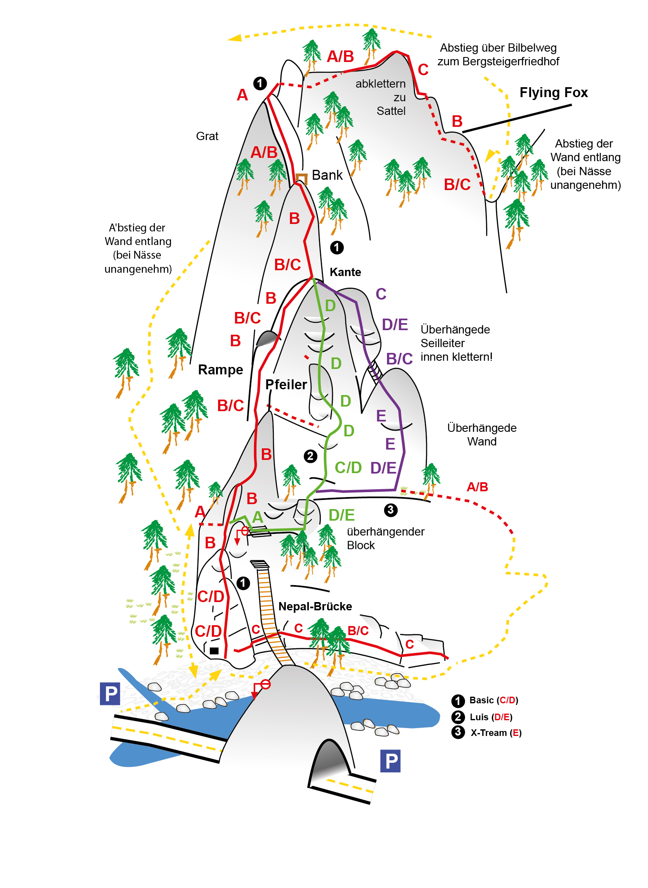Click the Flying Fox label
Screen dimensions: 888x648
pyautogui.click(x=553, y=93)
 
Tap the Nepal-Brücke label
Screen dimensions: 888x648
pyautogui.click(x=315, y=606)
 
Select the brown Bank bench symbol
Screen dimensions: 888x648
pyautogui.click(x=302, y=178)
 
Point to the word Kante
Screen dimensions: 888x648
pyautogui.click(x=345, y=272)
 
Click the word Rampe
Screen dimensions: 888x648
pyautogui.click(x=221, y=369)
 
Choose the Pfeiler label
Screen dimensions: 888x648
pyautogui.click(x=286, y=384)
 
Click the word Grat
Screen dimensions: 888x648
pyautogui.click(x=207, y=136)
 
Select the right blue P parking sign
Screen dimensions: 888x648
pyautogui.click(x=390, y=761)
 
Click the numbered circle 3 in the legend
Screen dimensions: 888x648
pyautogui.click(x=458, y=732)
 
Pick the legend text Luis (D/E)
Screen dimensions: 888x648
pyautogui.click(x=491, y=717)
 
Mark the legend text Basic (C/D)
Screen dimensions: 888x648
pyautogui.click(x=494, y=700)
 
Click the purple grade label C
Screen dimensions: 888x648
pyautogui.click(x=381, y=294)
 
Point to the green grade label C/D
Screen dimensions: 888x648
pyautogui.click(x=348, y=467)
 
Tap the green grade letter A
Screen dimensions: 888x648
pyautogui.click(x=258, y=517)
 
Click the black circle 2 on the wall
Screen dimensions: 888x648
pyautogui.click(x=310, y=456)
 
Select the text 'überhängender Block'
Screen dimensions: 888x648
pyautogui.click(x=385, y=538)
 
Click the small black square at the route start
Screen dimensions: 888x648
pyautogui.click(x=214, y=651)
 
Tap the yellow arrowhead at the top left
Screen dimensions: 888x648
pyautogui.click(x=235, y=38)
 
